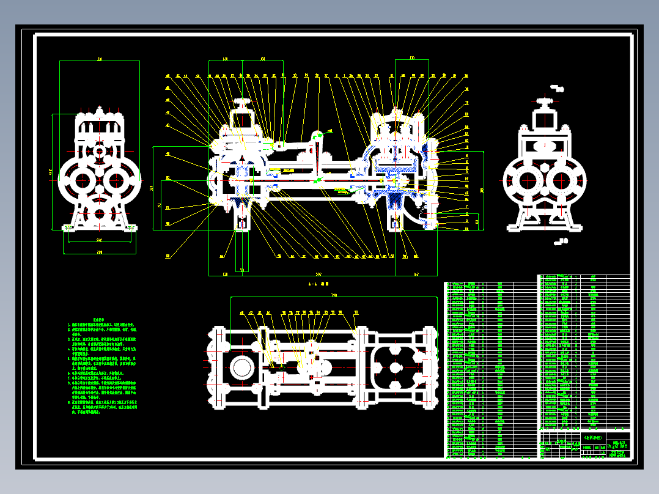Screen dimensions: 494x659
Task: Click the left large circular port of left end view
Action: pos(81,181)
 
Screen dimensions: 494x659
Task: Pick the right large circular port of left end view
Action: pos(116,181)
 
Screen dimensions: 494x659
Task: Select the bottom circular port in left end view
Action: pos(98,214)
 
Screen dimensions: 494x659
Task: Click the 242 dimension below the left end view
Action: pos(99,241)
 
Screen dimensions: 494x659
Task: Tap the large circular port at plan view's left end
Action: pos(242,368)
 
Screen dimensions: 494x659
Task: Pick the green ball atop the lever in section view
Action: pos(316,137)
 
